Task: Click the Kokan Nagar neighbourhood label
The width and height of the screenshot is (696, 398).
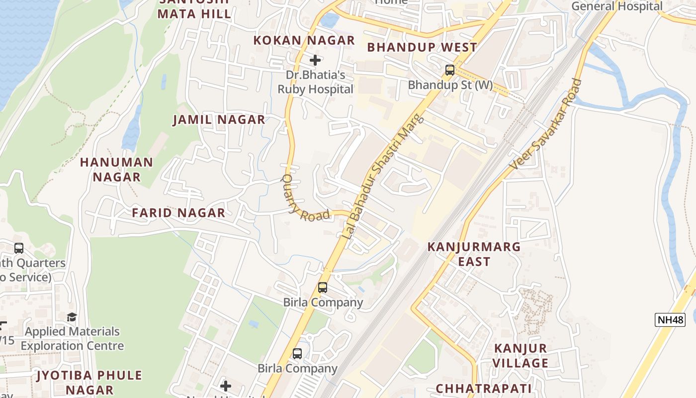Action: coord(304,40)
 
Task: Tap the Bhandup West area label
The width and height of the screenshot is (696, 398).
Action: coord(422,47)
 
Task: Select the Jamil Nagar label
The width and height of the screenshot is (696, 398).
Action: coord(219,120)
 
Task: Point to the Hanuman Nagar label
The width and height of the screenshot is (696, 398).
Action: coord(117,170)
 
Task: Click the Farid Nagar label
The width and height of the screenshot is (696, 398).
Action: coord(178,213)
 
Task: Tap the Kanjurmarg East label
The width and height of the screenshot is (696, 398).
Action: coord(474,254)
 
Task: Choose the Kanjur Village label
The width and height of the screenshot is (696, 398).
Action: coord(521,355)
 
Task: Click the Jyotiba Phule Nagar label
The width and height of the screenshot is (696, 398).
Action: coord(89,382)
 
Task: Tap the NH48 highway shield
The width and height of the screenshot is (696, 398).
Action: coord(670,320)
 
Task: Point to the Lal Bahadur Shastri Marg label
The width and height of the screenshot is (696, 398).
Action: coord(383,177)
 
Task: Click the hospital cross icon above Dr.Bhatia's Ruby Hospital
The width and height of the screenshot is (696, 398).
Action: coord(315,60)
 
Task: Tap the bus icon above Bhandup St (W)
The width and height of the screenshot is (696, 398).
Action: coord(450,70)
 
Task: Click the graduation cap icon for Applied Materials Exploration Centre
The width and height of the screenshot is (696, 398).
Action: coord(72,317)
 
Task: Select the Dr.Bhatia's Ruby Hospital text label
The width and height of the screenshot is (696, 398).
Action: coord(315,83)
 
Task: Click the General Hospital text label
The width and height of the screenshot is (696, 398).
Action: coord(616,6)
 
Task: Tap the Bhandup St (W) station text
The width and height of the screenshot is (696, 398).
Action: coord(450,85)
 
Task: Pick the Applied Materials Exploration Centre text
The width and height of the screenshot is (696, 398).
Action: coord(72,338)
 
